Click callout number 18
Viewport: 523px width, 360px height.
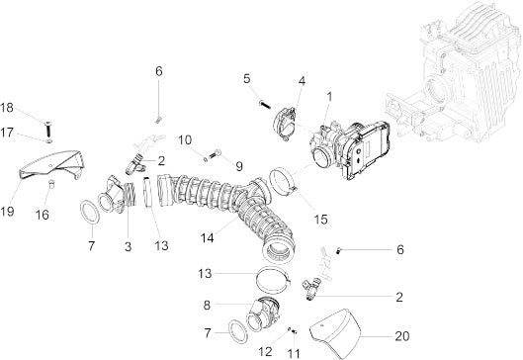click(7, 108)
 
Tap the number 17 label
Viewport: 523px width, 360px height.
click(7, 133)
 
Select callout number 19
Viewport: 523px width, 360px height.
click(7, 212)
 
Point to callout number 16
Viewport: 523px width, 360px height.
click(43, 215)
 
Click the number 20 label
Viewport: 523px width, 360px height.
click(402, 336)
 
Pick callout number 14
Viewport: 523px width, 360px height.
click(207, 238)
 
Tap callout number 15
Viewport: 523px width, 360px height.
click(320, 220)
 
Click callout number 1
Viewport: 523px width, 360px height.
click(329, 97)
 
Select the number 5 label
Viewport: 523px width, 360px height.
click(247, 79)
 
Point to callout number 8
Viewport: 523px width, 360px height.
click(207, 305)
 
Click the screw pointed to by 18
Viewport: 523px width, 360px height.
click(47, 129)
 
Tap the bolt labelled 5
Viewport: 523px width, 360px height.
click(264, 104)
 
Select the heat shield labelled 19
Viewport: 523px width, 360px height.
click(50, 165)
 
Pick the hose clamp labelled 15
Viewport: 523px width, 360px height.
click(282, 182)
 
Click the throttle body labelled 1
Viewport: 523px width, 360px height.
click(350, 150)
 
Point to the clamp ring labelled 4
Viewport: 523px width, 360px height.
click(286, 123)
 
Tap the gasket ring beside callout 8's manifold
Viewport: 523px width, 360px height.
click(238, 331)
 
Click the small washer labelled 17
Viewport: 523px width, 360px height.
click(48, 141)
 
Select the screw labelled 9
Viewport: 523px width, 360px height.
click(216, 154)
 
